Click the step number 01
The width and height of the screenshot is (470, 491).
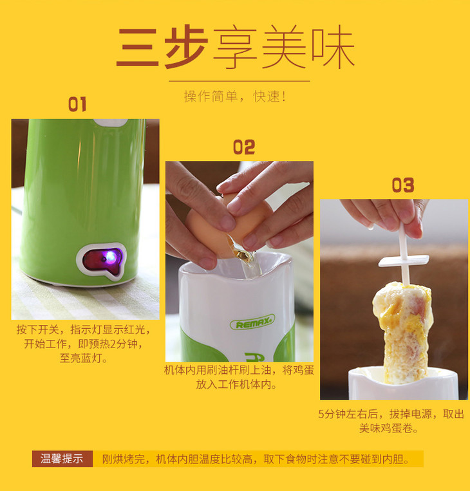(77, 104)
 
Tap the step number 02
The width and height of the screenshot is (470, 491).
(244, 147)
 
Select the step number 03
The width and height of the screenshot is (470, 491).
(403, 185)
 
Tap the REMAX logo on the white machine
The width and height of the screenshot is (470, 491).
(252, 322)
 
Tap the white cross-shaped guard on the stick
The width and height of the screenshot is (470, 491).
(404, 261)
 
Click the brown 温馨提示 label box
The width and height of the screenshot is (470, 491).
(62, 459)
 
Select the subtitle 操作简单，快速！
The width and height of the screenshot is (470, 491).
(235, 96)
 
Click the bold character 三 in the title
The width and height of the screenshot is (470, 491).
(138, 47)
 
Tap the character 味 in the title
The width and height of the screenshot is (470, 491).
(333, 47)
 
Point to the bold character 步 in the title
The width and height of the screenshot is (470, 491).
(186, 47)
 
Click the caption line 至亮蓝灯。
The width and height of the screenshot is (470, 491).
(84, 358)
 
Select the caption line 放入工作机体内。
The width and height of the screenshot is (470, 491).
(236, 384)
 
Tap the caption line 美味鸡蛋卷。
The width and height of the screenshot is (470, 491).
(389, 428)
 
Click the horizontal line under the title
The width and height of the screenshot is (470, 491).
(240, 81)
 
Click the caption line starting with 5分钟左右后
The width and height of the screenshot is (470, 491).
(391, 414)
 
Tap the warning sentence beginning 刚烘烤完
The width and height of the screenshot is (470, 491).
(256, 459)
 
